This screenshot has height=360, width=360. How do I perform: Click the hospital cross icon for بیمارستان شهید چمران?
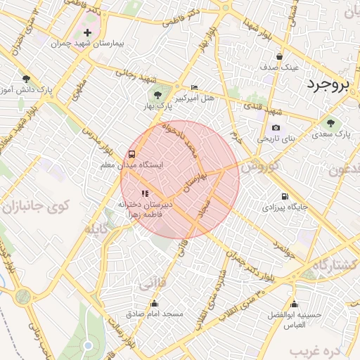(87, 33)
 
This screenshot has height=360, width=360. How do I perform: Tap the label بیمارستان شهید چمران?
(87, 44)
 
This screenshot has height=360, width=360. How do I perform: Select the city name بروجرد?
(328, 85)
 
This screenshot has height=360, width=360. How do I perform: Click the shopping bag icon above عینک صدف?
(280, 57)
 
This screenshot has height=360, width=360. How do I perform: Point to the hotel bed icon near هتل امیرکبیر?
(195, 87)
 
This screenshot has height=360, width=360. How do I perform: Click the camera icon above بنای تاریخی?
(276, 128)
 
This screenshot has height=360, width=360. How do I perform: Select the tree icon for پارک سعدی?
(330, 123)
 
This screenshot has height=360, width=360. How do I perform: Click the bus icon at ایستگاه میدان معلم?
(132, 155)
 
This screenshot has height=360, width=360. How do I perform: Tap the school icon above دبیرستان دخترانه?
(145, 193)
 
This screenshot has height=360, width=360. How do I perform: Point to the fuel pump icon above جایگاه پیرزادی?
(284, 197)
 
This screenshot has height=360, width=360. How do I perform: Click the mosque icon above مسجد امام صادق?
(154, 304)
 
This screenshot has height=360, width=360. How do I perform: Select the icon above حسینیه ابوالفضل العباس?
(293, 304)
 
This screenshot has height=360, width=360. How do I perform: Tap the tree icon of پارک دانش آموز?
(26, 79)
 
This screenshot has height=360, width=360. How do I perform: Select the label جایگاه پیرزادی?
(284, 207)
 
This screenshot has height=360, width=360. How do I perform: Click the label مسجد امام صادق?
(154, 314)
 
